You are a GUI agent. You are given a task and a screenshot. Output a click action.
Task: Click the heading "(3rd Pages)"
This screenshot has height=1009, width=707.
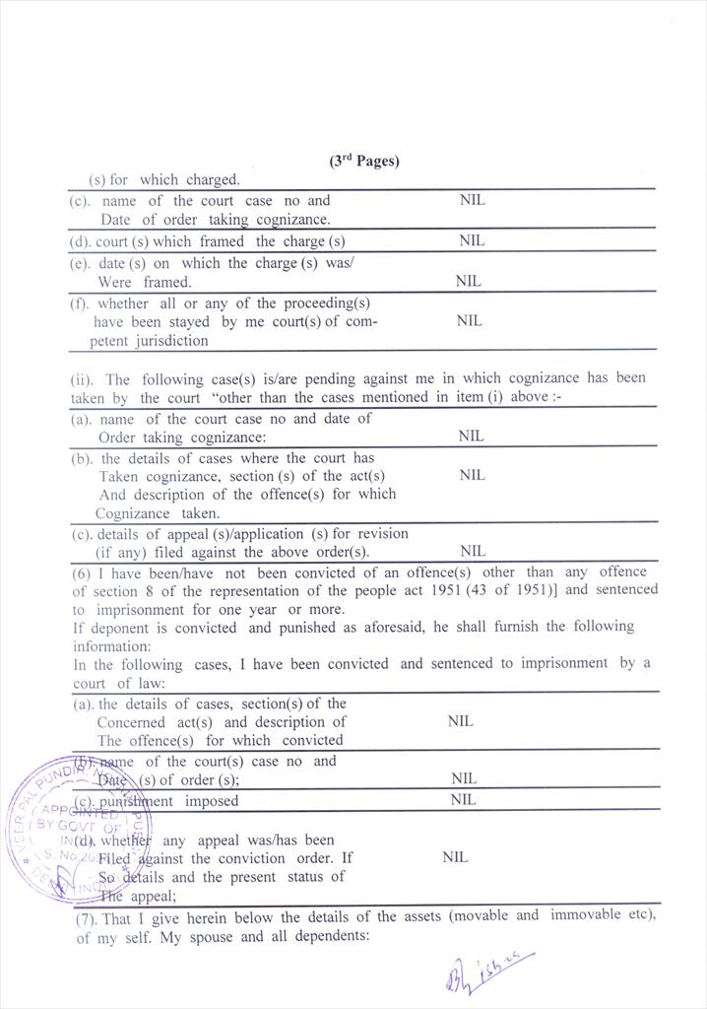click(364, 161)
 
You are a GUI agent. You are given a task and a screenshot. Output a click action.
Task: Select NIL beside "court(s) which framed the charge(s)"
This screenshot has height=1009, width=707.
click(472, 240)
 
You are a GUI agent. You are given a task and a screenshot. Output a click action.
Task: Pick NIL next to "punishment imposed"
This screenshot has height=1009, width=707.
click(463, 800)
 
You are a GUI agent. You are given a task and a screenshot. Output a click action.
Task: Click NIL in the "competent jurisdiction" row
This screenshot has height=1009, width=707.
click(470, 320)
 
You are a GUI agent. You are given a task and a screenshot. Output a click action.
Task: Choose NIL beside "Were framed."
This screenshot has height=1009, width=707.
click(468, 281)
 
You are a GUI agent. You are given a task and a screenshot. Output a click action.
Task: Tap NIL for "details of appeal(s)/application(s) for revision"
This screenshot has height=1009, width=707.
click(473, 551)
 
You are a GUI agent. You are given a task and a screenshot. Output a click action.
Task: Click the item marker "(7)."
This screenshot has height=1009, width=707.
click(88, 916)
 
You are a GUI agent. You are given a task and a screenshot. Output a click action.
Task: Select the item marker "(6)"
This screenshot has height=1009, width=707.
click(83, 572)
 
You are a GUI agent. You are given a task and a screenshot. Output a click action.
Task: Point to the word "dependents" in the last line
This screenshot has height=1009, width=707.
click(330, 936)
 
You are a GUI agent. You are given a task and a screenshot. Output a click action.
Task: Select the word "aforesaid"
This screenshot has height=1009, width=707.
click(348, 627)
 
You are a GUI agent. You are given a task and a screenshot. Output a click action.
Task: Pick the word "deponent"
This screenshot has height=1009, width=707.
click(114, 627)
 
